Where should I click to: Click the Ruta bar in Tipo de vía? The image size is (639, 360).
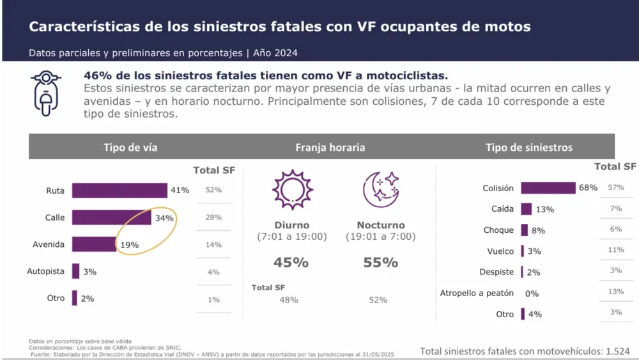[119, 191]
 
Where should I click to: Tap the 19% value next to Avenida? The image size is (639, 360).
[128, 245]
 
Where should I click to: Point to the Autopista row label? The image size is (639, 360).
[45, 271]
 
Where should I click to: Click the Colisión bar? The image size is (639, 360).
[548, 188]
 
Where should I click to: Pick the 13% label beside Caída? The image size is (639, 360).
[545, 209]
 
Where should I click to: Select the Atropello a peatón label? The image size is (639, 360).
[477, 293]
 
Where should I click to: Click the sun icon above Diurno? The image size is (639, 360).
[292, 190]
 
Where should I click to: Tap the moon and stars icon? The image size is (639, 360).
[381, 189]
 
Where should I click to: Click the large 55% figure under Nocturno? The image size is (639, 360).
[380, 262]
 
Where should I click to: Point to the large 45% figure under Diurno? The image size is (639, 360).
[291, 262]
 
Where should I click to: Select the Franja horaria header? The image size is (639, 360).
[330, 148]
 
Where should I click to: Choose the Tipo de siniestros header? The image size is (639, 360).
[529, 148]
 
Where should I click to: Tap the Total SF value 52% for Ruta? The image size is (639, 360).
[213, 190]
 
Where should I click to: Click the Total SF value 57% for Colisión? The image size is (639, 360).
[616, 187]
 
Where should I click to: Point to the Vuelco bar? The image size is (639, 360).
[523, 251]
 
